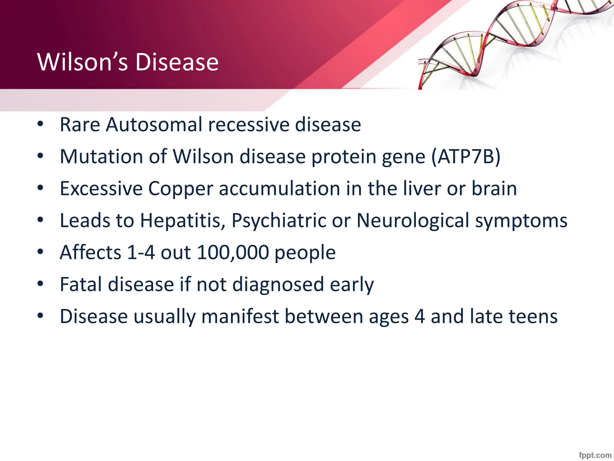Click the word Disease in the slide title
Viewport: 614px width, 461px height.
coord(177,62)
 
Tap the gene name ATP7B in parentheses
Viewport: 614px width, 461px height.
coord(466,156)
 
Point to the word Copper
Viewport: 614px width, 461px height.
coord(180,189)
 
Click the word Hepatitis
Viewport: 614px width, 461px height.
coord(183,221)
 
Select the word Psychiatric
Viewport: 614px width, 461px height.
coord(279,221)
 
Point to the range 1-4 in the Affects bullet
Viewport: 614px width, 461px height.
coord(141,252)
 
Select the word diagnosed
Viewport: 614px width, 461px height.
coord(278,285)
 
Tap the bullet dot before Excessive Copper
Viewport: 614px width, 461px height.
coord(40,188)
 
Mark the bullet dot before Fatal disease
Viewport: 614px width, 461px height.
coord(40,284)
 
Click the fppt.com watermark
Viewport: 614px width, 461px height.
coord(595,455)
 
